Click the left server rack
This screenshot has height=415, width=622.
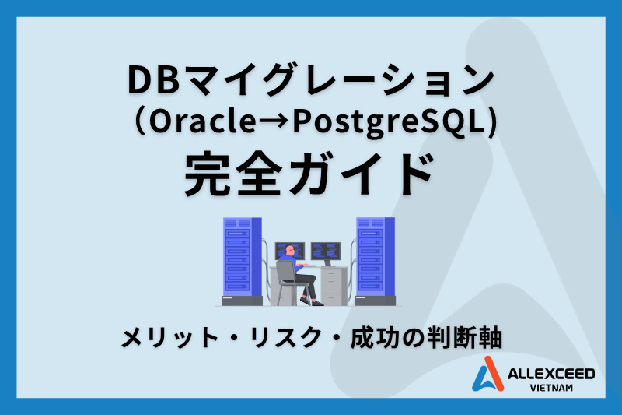click(x=241, y=261)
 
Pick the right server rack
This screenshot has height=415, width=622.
click(x=376, y=261)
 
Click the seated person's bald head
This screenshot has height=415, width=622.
click(x=289, y=251)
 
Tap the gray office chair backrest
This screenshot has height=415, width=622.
click(x=285, y=273)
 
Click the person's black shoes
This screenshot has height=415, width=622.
click(x=315, y=301)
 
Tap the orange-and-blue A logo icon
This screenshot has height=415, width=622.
click(x=490, y=375)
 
